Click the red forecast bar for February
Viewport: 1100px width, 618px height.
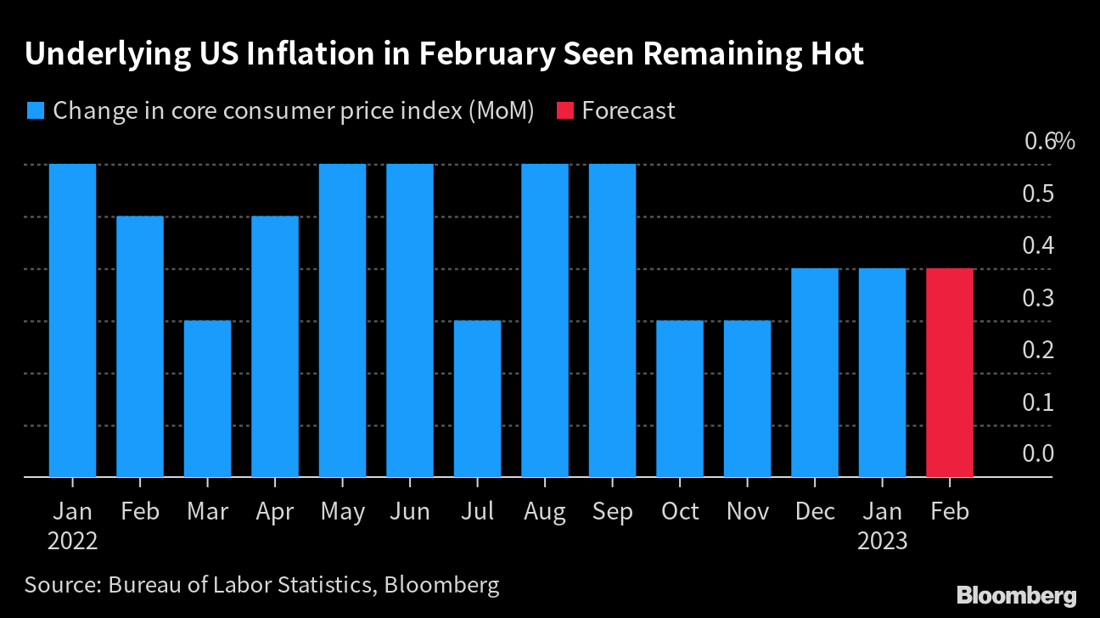(950, 373)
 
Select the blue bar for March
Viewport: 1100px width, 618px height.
(207, 399)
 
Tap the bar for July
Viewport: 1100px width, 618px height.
(477, 399)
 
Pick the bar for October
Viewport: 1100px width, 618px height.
(680, 399)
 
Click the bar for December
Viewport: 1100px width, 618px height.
(815, 373)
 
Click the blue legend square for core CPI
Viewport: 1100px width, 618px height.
(35, 111)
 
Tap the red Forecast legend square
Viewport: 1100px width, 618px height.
(565, 111)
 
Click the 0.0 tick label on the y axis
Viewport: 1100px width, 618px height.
(1038, 454)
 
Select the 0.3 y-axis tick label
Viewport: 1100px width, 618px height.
(1038, 298)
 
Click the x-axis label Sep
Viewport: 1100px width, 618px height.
(612, 512)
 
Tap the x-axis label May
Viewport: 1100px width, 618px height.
(343, 512)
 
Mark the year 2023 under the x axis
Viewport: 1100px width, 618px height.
(882, 541)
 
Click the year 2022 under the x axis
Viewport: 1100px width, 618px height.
(72, 541)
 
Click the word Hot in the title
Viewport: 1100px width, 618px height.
(835, 54)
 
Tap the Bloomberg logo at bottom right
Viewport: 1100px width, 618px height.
(1016, 595)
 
